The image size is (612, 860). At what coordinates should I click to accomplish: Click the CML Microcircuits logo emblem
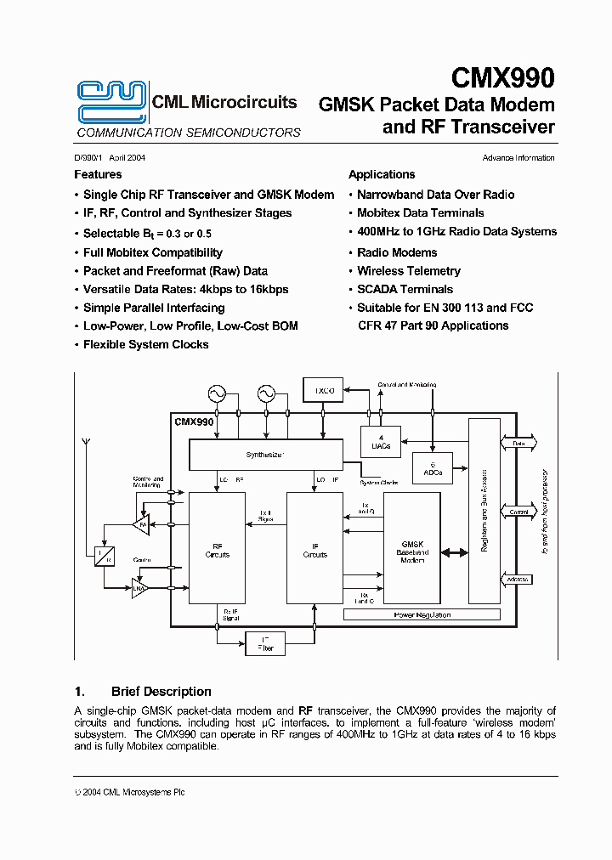coord(110,101)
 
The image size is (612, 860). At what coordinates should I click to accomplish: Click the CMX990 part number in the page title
coord(502,78)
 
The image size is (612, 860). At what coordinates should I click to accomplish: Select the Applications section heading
coord(381,174)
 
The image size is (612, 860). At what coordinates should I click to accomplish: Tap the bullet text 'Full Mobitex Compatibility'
coord(153,252)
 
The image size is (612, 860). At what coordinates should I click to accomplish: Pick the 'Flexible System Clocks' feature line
coord(145,344)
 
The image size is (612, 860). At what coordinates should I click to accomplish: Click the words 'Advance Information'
coord(518,158)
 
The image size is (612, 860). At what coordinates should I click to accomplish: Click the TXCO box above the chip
coord(326,392)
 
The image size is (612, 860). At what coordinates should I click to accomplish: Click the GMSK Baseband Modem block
coord(411,552)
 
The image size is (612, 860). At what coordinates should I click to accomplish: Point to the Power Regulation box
coord(422,614)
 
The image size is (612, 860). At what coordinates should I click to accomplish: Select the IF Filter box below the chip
coord(265,644)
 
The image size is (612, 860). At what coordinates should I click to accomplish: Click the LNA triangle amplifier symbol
coord(139,587)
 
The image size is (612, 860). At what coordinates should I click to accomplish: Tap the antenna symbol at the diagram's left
coord(85,445)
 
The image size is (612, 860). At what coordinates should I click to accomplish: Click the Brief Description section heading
coord(161,692)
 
